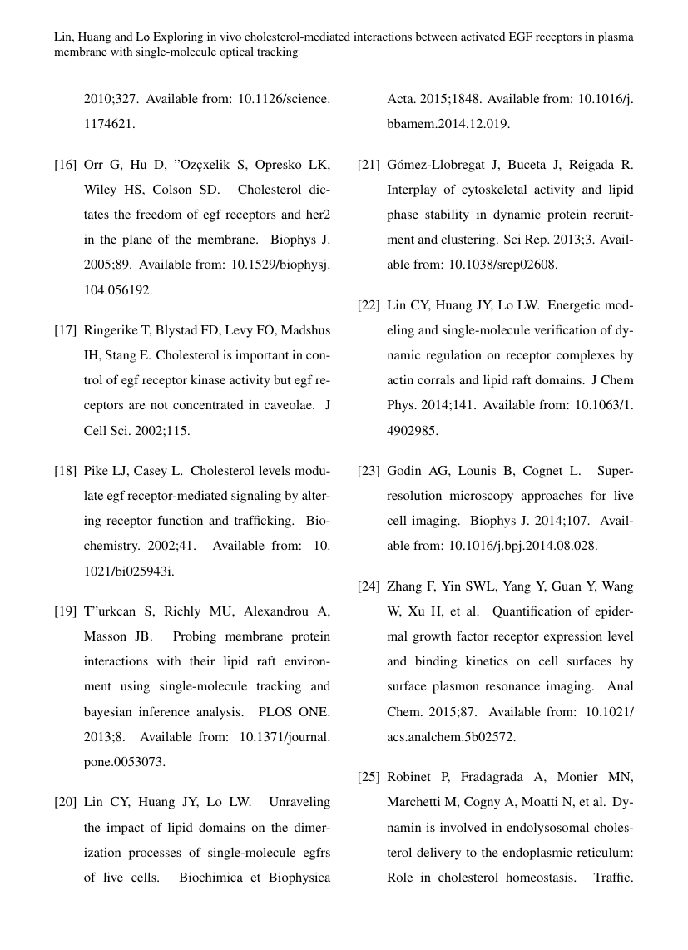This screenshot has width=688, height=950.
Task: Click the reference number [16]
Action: (x=66, y=165)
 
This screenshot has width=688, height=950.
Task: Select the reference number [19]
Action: (x=66, y=611)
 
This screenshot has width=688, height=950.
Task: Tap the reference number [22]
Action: (x=369, y=305)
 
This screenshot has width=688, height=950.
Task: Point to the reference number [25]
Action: (x=369, y=778)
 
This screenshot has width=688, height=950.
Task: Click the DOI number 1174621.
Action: (x=110, y=124)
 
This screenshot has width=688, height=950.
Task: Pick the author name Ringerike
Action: (x=112, y=330)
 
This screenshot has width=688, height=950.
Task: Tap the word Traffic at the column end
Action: (x=614, y=878)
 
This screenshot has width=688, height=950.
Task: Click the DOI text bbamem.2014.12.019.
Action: (x=449, y=124)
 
